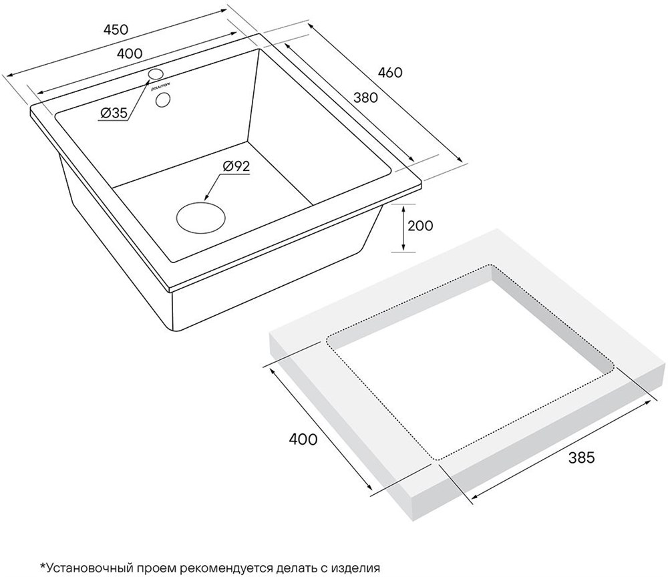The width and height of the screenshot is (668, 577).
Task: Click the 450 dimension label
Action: click(x=116, y=29)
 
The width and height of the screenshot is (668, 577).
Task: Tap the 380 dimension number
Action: click(x=365, y=98)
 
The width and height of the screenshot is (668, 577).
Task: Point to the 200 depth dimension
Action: click(x=420, y=225)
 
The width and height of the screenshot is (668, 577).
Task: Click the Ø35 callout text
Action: click(x=114, y=113)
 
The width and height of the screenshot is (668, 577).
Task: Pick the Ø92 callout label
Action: click(x=236, y=166)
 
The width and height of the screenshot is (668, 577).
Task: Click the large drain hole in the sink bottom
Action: click(x=200, y=217)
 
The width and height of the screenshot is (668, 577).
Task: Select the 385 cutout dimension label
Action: click(x=581, y=457)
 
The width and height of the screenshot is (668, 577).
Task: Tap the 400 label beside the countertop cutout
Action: click(x=303, y=439)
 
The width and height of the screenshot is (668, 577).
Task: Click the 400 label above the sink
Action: click(x=130, y=53)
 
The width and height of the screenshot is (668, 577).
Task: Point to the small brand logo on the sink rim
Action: click(x=160, y=87)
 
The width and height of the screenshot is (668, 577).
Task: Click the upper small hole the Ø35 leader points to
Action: click(x=156, y=73)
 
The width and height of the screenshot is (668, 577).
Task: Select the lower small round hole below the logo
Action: click(x=163, y=100)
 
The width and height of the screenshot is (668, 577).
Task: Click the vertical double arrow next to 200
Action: click(x=403, y=227)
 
